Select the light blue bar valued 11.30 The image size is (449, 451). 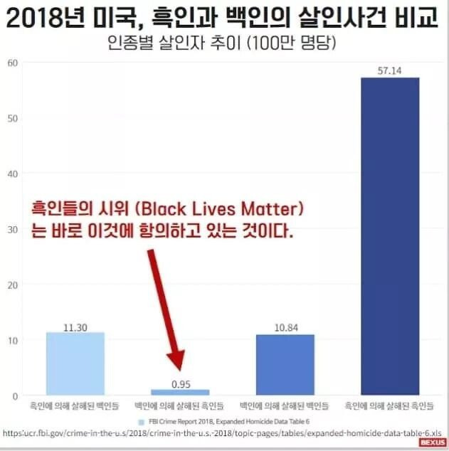tap(75, 364)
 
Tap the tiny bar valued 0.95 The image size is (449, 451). tap(180, 392)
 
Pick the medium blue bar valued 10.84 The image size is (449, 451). tap(285, 365)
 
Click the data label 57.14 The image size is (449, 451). tap(389, 70)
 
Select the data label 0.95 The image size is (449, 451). tap(180, 383)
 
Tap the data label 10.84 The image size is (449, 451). tap(285, 328)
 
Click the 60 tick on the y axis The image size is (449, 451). tap(12, 63)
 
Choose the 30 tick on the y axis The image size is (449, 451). tap(12, 229)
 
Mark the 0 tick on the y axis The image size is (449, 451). tap(14, 396)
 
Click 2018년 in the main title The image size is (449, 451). tap(53, 16)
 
